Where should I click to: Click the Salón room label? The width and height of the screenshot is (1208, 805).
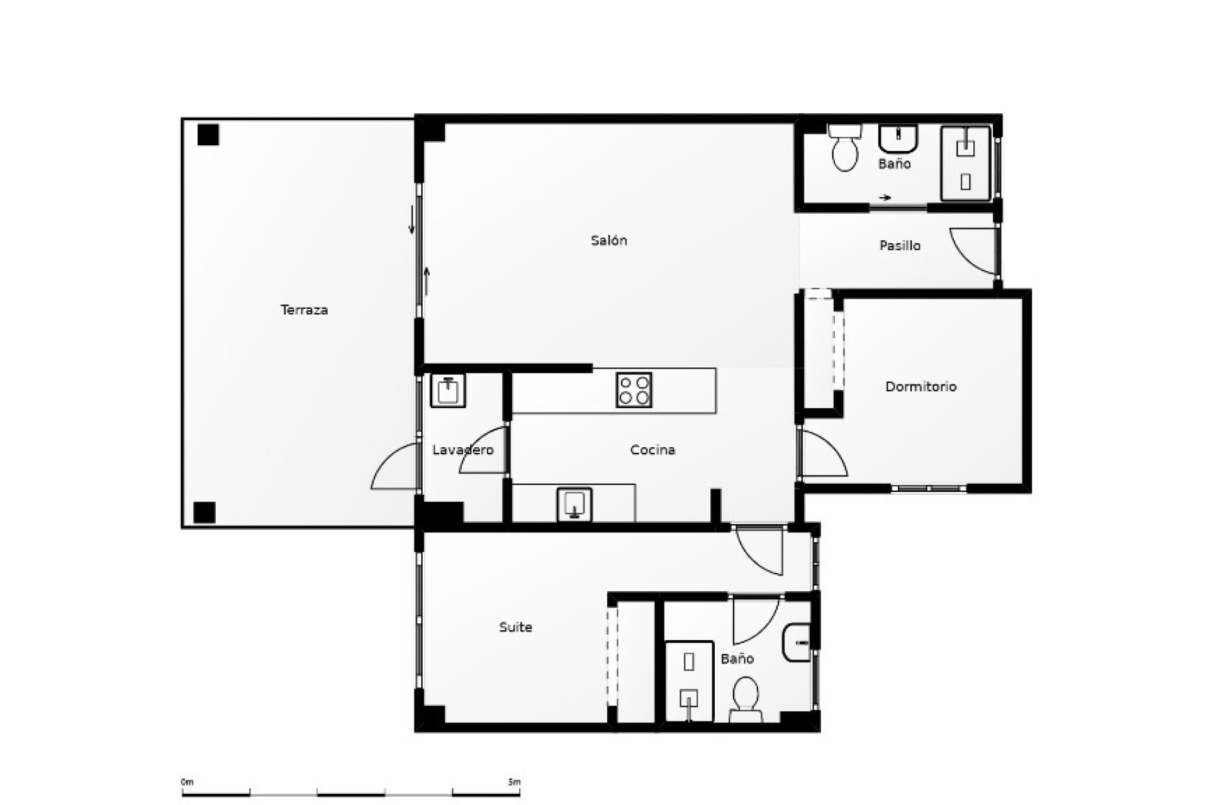608,240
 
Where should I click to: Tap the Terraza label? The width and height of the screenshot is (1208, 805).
304,310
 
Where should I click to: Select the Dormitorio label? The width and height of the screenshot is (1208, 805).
920,387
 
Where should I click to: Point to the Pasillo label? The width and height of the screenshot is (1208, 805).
900,246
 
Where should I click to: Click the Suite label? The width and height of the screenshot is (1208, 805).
515,627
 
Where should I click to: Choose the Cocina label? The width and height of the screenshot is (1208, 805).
652,450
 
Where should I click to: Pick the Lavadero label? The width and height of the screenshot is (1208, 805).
462,450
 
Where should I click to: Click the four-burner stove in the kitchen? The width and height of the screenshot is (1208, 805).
634,390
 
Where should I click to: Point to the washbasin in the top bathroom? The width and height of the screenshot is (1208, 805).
898,139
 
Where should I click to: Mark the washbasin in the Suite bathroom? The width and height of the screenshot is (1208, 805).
797,643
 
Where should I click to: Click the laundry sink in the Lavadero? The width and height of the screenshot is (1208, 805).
448,391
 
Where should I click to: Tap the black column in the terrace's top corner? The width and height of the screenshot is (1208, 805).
208,135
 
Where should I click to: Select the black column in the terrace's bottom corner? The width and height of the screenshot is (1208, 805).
204,513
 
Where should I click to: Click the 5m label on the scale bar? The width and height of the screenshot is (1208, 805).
514,782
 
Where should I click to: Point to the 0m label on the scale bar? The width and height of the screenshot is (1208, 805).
187,782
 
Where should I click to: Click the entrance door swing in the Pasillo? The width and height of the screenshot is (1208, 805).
974,250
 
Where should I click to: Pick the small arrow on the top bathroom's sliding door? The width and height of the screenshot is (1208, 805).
885,198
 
